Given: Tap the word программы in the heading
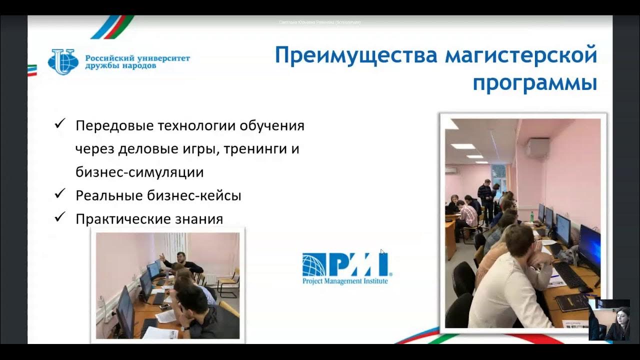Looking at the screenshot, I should pos(534,83).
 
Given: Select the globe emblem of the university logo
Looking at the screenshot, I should pos(63,62).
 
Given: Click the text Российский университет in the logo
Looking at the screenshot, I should pos(137,58).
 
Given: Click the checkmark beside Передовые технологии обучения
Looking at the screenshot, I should pos(60,123).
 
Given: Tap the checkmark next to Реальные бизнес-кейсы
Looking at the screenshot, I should pos(60,193).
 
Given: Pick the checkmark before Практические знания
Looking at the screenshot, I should pos(60,217).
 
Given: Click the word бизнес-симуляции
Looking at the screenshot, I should pos(139,172).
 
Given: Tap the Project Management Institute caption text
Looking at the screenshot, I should pos(345,281).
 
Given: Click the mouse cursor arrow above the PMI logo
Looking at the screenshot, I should pos(382,252).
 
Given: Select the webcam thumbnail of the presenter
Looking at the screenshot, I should pos(609,320).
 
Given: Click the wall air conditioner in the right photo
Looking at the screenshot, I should pos(536,148).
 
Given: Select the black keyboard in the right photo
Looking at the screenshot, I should pos(570,275).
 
